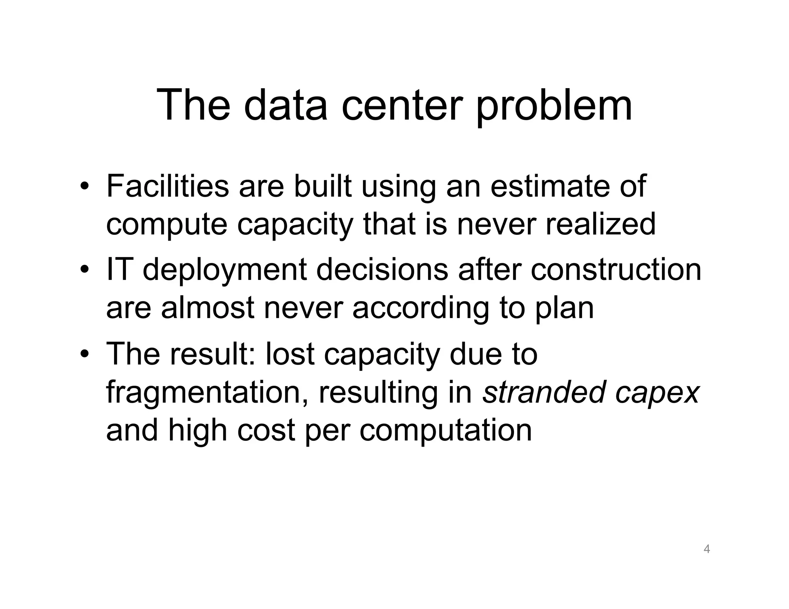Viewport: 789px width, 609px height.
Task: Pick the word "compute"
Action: [167, 226]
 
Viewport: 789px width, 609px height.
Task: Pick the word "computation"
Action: [446, 431]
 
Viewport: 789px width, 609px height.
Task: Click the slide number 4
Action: [707, 549]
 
